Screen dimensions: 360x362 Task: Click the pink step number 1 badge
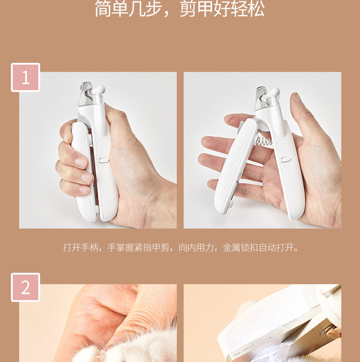[26, 77]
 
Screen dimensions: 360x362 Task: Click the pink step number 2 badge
[26, 287]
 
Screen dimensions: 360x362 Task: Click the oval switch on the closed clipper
[104, 159]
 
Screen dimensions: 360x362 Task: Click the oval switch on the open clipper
[286, 159]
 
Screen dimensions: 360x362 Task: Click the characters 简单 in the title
[111, 9]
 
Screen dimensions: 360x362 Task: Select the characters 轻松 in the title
[248, 9]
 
